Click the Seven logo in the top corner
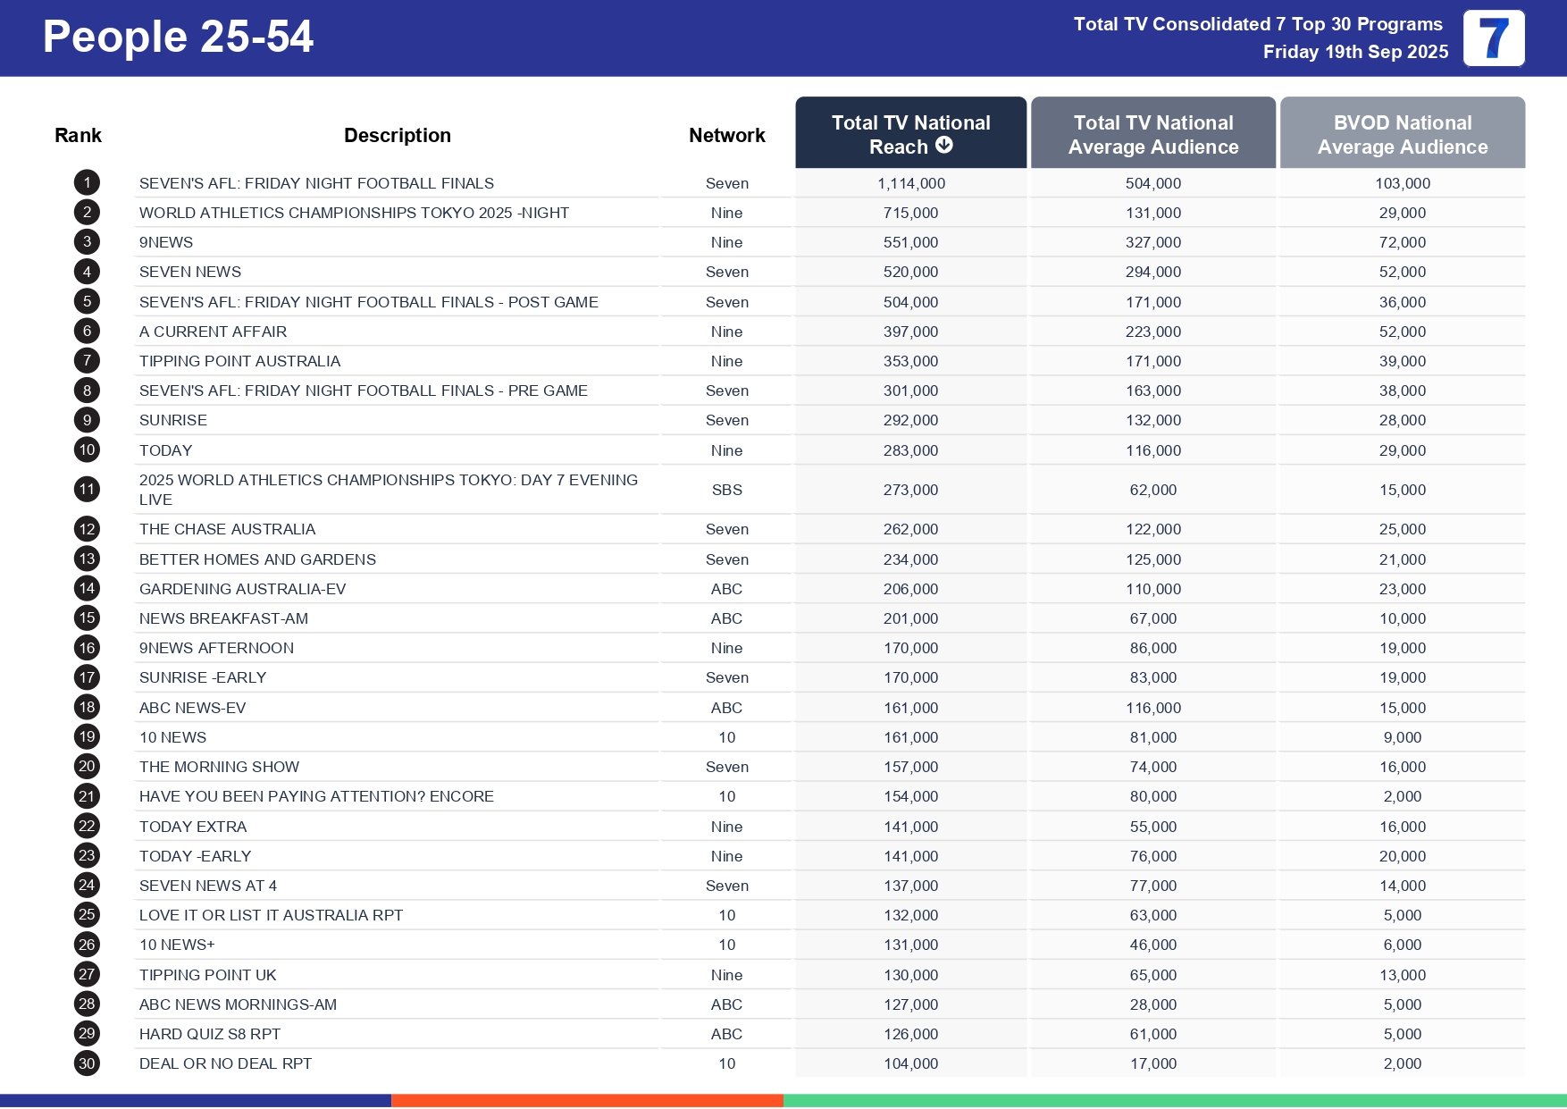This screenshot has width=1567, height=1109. coord(1493,38)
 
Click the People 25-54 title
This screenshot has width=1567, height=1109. coord(178,38)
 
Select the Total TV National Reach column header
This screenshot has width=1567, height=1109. coord(910,133)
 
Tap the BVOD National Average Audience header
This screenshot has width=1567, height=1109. coord(1402,134)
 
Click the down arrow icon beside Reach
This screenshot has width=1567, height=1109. coord(944,146)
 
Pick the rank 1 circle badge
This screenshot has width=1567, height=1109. coord(87,183)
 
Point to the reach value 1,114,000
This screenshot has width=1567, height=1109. coord(910,183)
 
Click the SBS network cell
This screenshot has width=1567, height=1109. coord(726,490)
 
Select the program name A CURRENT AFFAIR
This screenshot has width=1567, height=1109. coord(213,332)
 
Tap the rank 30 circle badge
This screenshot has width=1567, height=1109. coord(87,1063)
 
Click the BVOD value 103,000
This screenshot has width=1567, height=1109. coord(1402,183)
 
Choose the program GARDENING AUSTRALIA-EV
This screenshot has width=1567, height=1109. coord(242,589)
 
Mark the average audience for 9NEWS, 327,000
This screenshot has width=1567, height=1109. coord(1152,242)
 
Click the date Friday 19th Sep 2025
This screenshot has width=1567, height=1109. coord(1354,52)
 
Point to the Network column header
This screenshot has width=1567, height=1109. coord(726,135)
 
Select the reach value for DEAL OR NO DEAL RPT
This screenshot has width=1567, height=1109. coord(910,1063)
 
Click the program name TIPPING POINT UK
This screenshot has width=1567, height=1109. coord(207,975)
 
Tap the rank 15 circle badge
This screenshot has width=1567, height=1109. coord(87,618)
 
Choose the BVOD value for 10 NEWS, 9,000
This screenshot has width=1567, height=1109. coord(1402,737)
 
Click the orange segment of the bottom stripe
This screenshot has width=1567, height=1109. coord(587,1101)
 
